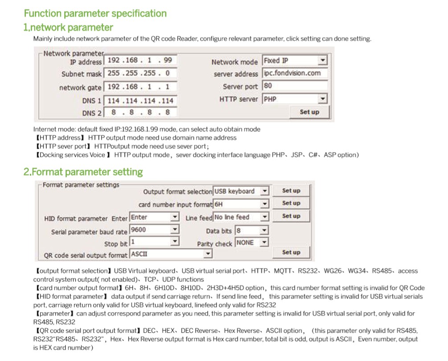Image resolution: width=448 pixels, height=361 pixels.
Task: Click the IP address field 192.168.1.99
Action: pos(140,60)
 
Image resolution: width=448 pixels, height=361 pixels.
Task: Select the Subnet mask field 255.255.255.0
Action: pos(140,73)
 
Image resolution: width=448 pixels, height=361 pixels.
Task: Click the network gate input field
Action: pos(140,87)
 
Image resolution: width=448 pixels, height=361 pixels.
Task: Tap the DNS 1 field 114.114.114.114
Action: pos(140,101)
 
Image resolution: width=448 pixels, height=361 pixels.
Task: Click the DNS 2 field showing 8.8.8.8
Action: pos(140,113)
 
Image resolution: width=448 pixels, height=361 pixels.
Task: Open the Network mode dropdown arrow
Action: pos(323,61)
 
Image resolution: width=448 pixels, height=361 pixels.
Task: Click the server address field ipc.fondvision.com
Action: pos(295,73)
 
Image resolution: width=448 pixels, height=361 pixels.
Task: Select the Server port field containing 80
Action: pos(295,85)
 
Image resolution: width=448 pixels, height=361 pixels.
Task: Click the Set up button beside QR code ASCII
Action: pos(291,252)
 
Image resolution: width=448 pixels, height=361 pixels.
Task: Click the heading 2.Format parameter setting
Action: pos(83,172)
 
